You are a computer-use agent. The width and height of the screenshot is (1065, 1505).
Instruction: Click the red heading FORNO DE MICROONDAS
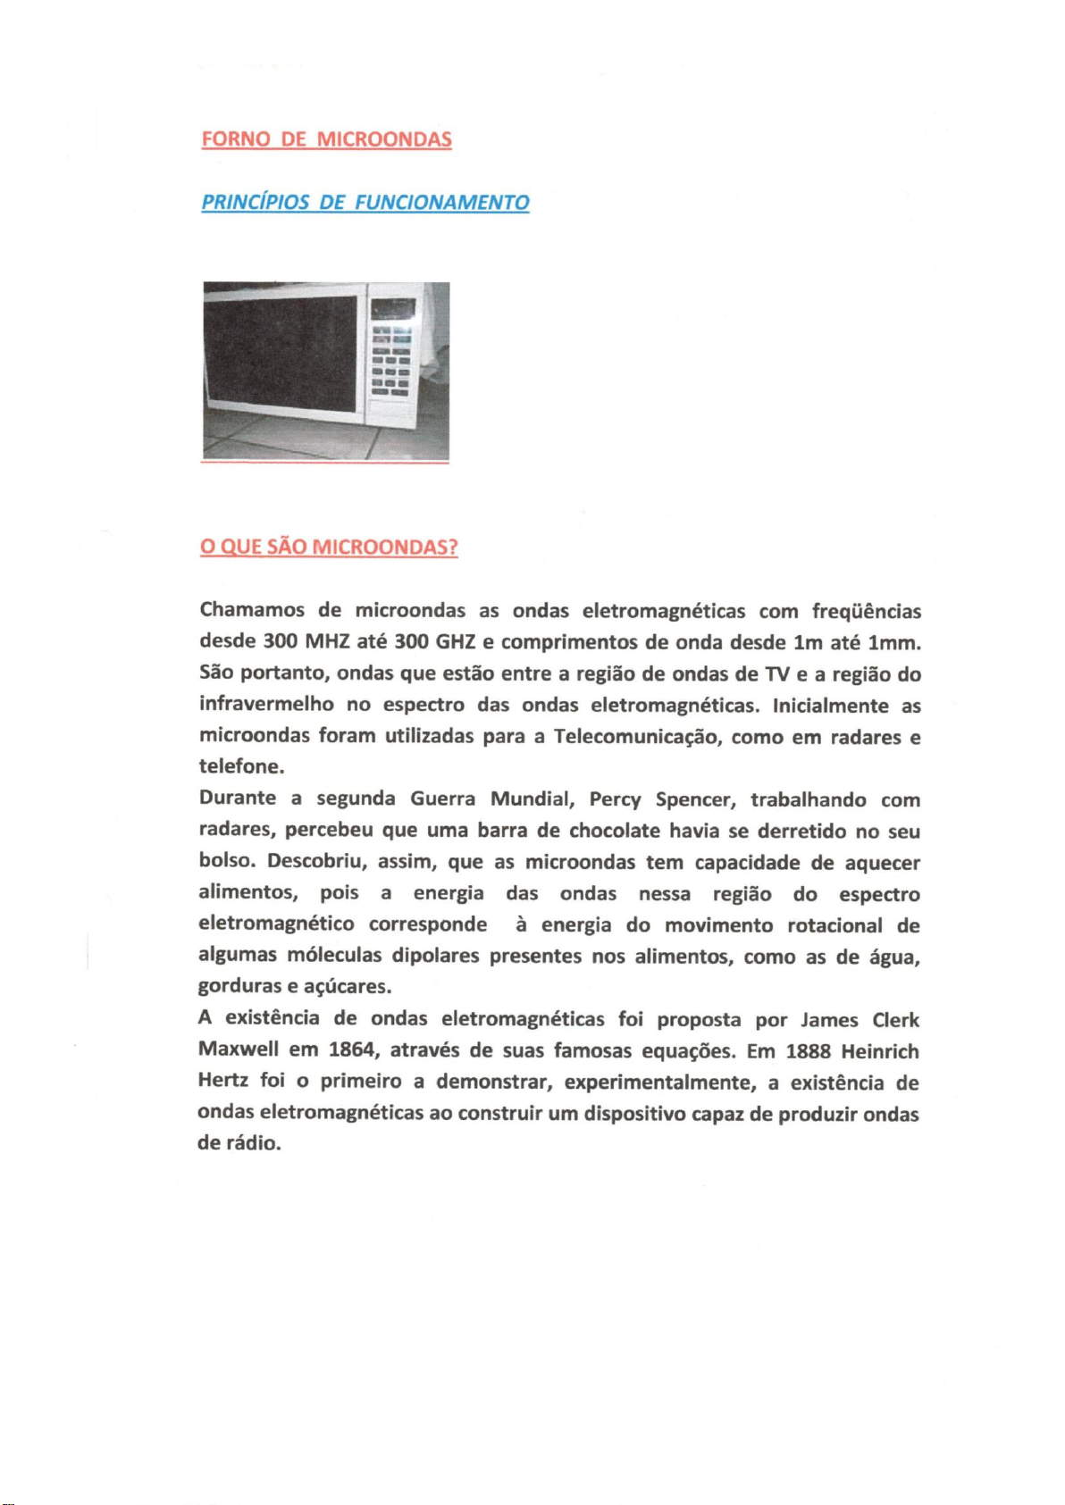(326, 139)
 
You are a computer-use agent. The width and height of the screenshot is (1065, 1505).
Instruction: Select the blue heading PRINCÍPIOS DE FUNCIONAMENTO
(365, 203)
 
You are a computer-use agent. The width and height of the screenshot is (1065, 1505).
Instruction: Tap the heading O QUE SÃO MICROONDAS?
(329, 547)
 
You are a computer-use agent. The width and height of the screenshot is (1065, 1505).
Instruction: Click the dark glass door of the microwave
(281, 353)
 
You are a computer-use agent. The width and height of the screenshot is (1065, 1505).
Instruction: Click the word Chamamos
(252, 610)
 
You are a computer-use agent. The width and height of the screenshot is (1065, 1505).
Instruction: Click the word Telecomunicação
(637, 737)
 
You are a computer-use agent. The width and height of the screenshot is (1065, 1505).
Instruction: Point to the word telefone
(239, 766)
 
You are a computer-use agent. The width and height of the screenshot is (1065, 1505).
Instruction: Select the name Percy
(616, 799)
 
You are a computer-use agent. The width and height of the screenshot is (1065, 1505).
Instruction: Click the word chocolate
(615, 831)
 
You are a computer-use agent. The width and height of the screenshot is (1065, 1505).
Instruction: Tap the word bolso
(225, 861)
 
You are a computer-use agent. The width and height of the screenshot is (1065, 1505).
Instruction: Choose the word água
(894, 957)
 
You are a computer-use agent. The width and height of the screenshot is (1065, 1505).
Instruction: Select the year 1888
(808, 1051)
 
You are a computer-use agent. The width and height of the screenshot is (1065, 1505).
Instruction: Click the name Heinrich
(880, 1051)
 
